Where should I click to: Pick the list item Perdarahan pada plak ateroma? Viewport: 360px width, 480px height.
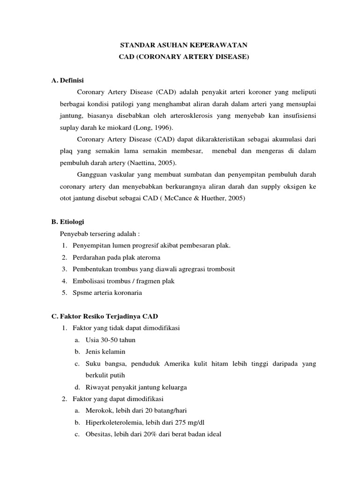coord(116,257)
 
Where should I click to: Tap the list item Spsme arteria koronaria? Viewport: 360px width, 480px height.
coord(107,292)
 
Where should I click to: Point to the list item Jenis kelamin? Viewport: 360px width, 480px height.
coord(105,352)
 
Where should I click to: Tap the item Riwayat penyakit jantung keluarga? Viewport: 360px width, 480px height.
coord(136,387)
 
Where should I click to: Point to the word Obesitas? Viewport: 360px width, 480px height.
coord(98,434)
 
